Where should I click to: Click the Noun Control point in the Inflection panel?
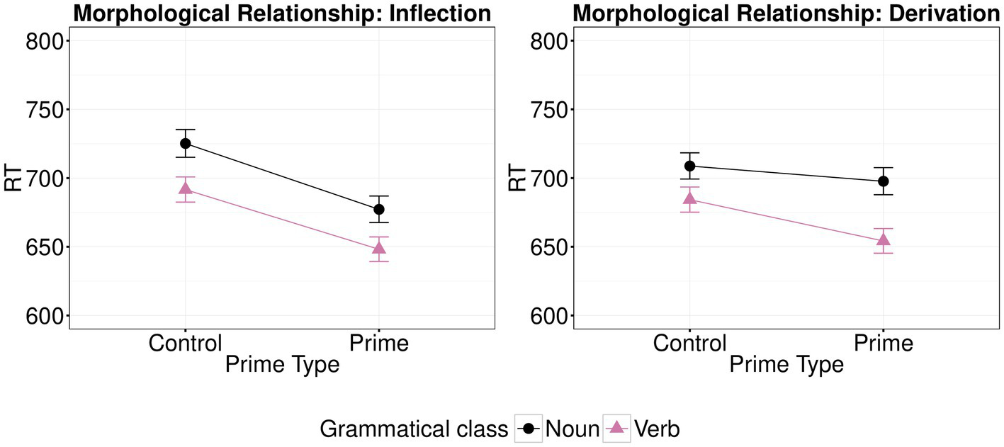click(x=185, y=143)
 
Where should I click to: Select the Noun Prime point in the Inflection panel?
click(x=379, y=209)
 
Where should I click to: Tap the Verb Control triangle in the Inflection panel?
click(x=185, y=188)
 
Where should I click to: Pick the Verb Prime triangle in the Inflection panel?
click(x=379, y=248)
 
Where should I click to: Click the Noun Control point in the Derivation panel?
click(x=689, y=166)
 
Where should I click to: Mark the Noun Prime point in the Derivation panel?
click(x=884, y=181)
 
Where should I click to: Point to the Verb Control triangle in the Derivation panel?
click(x=689, y=198)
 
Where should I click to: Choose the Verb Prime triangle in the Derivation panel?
click(x=884, y=239)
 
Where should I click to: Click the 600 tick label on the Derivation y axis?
click(x=548, y=316)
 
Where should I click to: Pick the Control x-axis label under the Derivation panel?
click(x=689, y=344)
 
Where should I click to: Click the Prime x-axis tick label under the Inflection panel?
click(x=379, y=344)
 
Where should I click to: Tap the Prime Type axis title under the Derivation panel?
click(x=786, y=365)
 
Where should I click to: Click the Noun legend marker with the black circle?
click(x=528, y=428)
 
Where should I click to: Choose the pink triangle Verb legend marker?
click(x=616, y=428)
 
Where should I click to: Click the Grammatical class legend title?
click(x=414, y=429)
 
